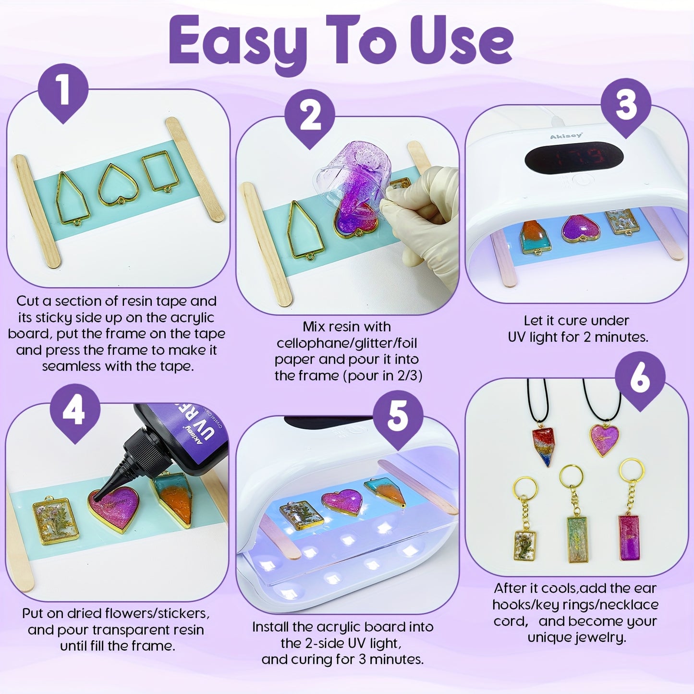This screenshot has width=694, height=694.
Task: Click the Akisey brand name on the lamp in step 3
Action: click(566, 136)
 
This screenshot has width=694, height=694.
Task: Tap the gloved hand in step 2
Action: click(423, 221)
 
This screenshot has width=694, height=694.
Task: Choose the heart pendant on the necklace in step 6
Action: click(604, 439)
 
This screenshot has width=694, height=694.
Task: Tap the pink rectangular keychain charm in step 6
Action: click(629, 538)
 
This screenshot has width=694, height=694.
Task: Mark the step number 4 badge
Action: click(75, 412)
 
